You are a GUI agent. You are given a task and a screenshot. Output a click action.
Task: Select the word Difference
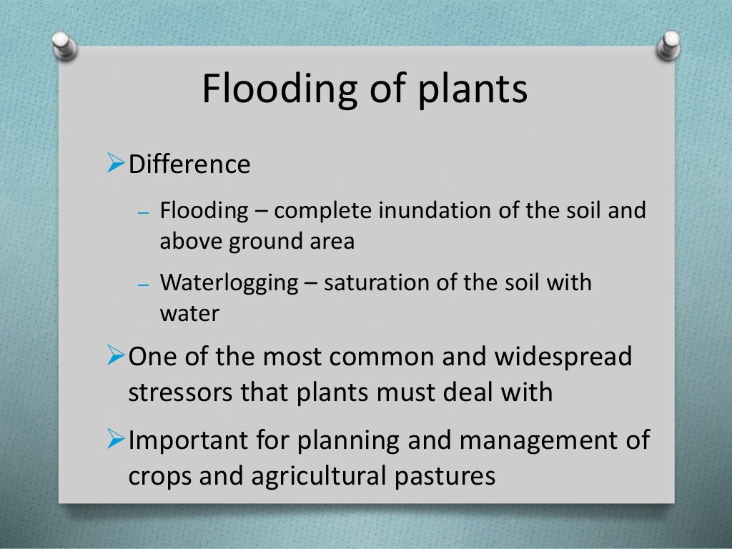189,164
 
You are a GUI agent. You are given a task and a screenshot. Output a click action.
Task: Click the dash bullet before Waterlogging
142,283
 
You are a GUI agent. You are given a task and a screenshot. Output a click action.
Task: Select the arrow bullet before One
116,355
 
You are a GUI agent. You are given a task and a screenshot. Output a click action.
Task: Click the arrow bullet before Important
116,439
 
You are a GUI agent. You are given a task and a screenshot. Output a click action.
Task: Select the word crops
159,477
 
